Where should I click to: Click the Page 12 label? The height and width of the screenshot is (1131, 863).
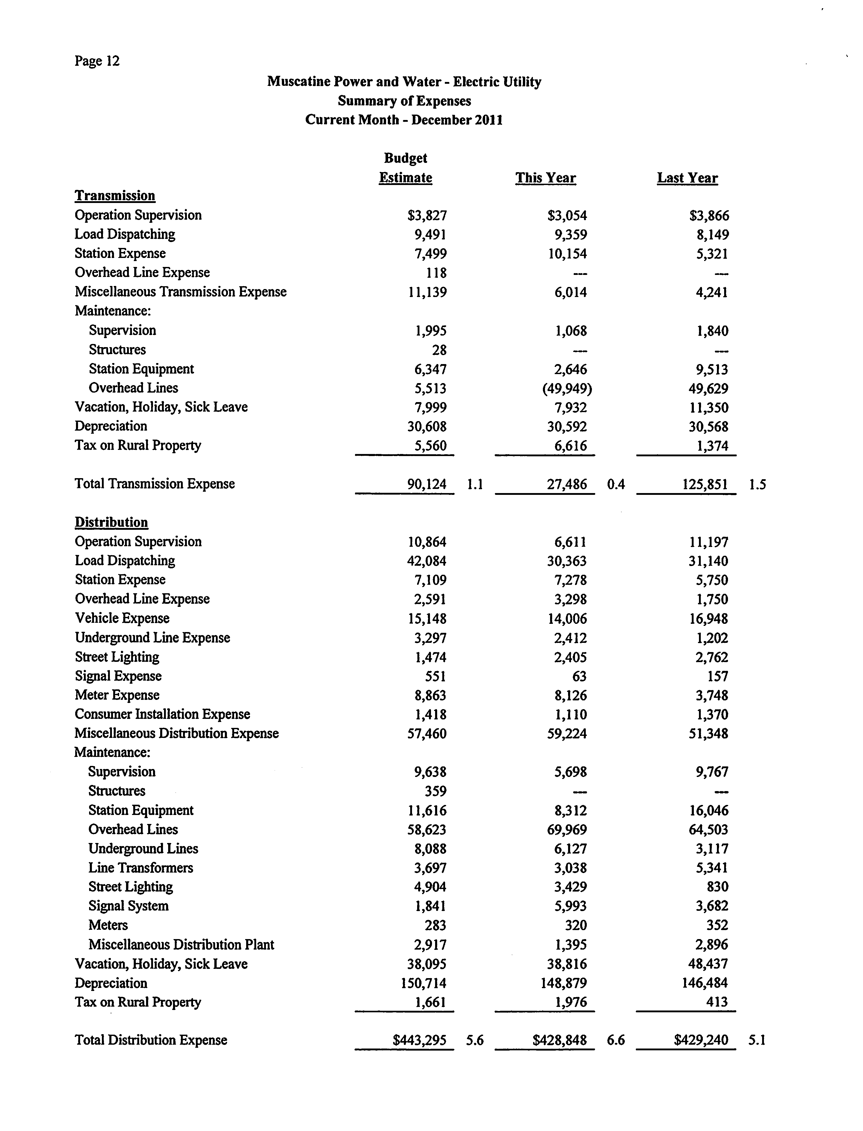(x=97, y=61)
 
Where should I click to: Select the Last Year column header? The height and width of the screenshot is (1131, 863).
(x=687, y=178)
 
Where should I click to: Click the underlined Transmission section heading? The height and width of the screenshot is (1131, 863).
(x=115, y=196)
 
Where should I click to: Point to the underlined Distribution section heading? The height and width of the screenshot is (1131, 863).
(x=111, y=522)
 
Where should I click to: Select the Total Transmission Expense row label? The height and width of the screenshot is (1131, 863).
(x=155, y=484)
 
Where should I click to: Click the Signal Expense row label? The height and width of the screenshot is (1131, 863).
(x=118, y=676)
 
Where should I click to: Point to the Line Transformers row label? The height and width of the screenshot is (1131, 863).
(x=141, y=868)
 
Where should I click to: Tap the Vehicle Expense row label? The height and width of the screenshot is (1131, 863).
(x=122, y=618)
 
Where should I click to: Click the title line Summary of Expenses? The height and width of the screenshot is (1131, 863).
(x=404, y=101)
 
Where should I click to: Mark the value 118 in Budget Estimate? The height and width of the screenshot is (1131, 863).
(x=437, y=273)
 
